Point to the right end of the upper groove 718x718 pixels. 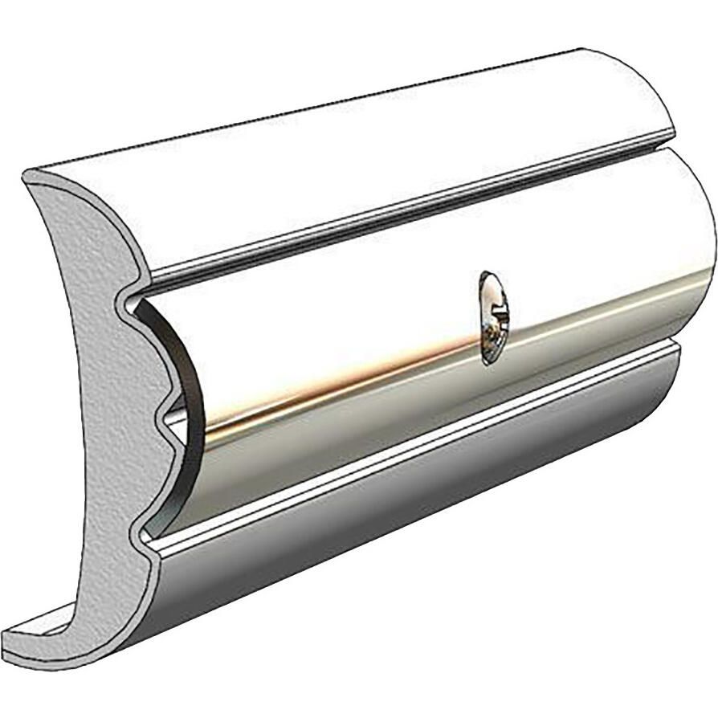click(x=671, y=148)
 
